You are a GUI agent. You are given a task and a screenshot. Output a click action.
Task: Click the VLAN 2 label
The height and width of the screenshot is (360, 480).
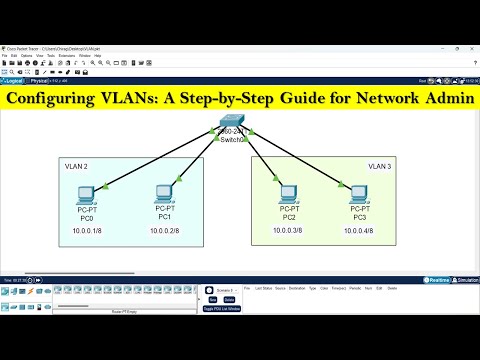pos(76,166)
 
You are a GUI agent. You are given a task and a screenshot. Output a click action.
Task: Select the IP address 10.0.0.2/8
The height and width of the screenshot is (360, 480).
pos(164,230)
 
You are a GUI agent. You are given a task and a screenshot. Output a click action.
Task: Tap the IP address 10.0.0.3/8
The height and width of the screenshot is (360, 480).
pos(290,230)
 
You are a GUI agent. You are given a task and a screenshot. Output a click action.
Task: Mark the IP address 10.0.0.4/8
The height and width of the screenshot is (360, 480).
pos(356,230)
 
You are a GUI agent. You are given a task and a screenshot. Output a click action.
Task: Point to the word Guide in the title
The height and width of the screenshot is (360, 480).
pos(318,103)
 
